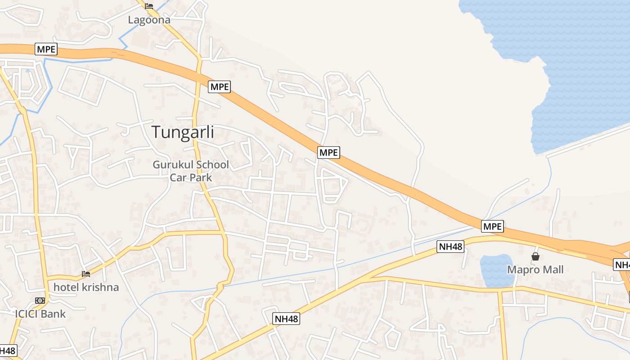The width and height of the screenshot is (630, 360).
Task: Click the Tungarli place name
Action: point(183,132)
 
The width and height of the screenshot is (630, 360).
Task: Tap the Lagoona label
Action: point(149,20)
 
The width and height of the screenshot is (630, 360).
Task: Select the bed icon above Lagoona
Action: point(149,6)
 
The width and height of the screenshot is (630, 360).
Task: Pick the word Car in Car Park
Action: point(178,177)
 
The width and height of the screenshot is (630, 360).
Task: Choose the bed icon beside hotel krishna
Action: point(86,274)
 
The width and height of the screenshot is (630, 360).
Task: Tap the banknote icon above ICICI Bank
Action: point(40,300)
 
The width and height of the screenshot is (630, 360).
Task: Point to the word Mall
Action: point(552,270)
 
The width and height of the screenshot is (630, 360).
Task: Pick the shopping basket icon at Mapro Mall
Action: point(535,256)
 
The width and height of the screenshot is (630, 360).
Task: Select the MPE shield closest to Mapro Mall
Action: point(492,226)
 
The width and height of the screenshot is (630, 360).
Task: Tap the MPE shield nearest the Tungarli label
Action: point(219,87)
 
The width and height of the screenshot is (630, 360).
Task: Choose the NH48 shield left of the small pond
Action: point(450,246)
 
